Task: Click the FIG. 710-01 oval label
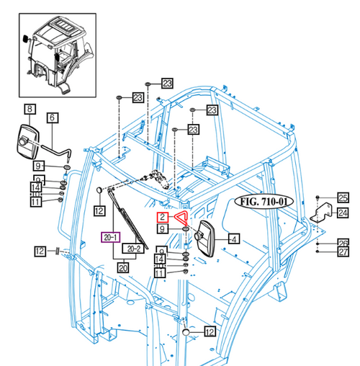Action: click(264, 202)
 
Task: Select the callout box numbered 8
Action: click(30, 109)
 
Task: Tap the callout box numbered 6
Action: click(53, 118)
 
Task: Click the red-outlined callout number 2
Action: click(163, 217)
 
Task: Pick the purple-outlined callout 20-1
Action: click(110, 238)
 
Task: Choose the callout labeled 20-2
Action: click(134, 249)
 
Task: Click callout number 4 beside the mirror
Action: click(234, 239)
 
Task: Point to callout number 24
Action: click(343, 213)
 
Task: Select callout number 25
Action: click(343, 198)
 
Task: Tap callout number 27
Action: click(343, 252)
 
